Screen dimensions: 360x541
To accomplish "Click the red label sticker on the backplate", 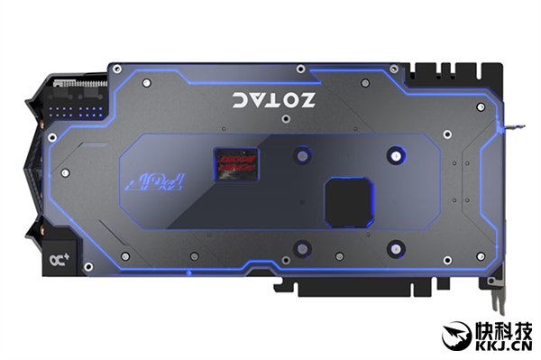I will tap(234, 159).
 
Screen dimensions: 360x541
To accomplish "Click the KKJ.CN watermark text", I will tap(501, 346).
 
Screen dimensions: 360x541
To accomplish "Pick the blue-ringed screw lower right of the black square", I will tap(393, 245).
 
